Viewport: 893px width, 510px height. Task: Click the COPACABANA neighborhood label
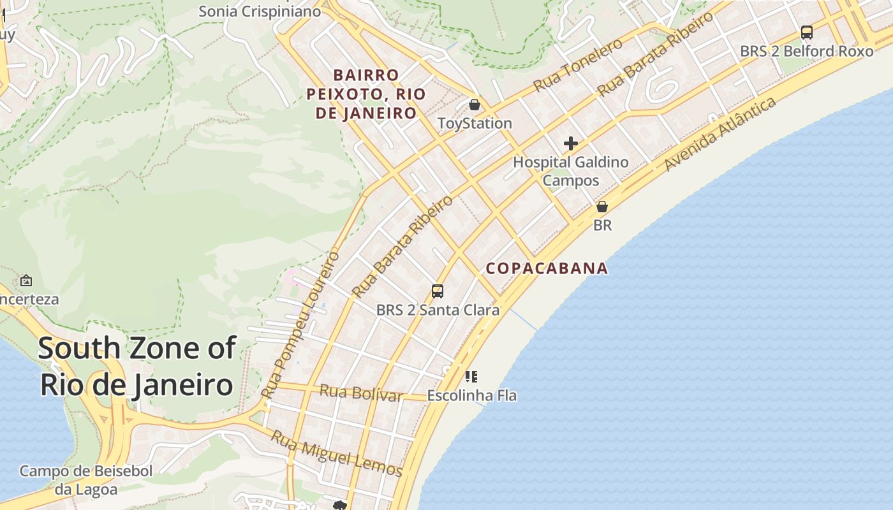(x=547, y=268)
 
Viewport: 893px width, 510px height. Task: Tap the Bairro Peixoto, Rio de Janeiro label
(x=365, y=94)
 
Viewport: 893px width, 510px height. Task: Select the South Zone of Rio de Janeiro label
(x=137, y=367)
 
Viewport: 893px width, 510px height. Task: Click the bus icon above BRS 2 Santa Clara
(x=437, y=291)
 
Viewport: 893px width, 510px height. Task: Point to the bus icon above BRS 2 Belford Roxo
(x=806, y=33)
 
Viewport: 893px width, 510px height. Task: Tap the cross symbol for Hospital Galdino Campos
(x=571, y=143)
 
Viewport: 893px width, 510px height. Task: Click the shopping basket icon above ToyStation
(x=474, y=105)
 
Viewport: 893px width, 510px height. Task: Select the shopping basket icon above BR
(x=601, y=207)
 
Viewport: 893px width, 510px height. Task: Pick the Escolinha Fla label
(x=471, y=395)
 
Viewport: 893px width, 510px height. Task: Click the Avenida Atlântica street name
(x=720, y=134)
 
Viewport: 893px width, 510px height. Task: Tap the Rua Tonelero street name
(x=578, y=64)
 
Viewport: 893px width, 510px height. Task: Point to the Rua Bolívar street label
(x=360, y=393)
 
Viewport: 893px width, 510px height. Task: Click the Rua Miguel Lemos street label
(x=336, y=454)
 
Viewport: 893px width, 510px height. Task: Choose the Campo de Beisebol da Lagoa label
(x=86, y=480)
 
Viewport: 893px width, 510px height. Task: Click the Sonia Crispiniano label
(x=259, y=11)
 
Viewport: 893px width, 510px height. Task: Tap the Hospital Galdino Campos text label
(x=571, y=171)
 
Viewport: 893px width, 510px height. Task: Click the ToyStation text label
(x=475, y=123)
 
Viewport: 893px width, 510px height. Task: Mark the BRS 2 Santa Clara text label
(x=438, y=310)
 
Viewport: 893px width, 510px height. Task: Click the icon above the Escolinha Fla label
(x=471, y=377)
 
